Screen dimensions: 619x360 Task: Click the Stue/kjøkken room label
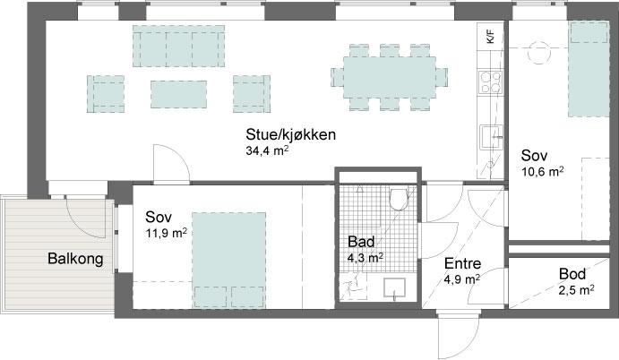pos(290,134)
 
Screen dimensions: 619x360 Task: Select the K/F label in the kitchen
pos(490,37)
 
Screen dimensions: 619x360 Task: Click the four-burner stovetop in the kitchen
pos(491,82)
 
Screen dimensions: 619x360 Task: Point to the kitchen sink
pos(491,137)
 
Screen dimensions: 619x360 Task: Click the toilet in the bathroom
pos(398,199)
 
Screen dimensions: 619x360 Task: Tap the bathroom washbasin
pos(395,287)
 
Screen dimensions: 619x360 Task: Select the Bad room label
pos(361,242)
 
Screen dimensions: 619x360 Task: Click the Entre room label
pos(462,263)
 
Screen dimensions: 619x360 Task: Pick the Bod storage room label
pos(572,274)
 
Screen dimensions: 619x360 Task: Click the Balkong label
pos(75,259)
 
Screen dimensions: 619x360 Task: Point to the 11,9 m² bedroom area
pos(167,233)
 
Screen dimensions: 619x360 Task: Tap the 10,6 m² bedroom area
pos(542,172)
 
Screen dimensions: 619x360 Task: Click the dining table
pos(390,77)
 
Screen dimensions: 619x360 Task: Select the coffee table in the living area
pos(178,94)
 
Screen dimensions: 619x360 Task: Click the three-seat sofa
pos(178,47)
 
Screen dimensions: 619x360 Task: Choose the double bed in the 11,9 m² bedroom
pos(229,260)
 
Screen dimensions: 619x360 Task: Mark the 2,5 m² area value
pos(577,290)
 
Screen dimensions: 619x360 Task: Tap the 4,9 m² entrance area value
pos(462,279)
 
